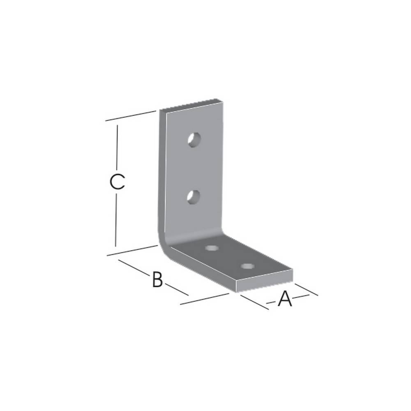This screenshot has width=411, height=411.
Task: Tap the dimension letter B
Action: click(x=157, y=279)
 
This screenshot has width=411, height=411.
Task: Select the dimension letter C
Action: click(x=117, y=182)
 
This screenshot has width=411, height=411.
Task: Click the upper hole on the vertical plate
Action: click(x=194, y=140)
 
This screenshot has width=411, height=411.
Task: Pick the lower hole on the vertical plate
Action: click(x=193, y=197)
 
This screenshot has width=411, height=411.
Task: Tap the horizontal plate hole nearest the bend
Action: click(x=212, y=248)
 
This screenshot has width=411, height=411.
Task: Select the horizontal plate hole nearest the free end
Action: click(x=247, y=266)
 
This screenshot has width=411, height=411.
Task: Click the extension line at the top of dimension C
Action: click(x=131, y=115)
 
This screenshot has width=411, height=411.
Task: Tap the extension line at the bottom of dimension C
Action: click(x=132, y=251)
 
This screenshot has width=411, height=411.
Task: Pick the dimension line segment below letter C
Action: click(x=116, y=220)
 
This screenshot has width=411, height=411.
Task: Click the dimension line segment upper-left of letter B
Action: click(x=134, y=267)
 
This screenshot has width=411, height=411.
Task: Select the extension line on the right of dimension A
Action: click(x=307, y=289)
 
